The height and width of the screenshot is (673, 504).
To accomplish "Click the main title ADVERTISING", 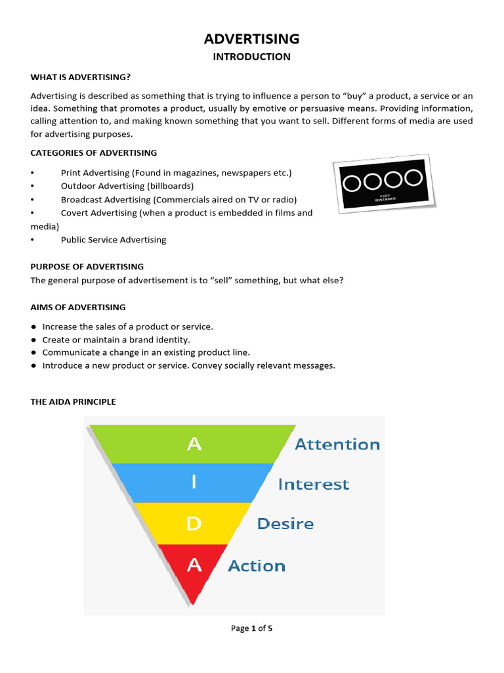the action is pyautogui.click(x=251, y=39).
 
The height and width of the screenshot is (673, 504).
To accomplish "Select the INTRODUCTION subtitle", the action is pyautogui.click(x=251, y=57).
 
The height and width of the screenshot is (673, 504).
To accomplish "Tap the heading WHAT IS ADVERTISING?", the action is pyautogui.click(x=76, y=77).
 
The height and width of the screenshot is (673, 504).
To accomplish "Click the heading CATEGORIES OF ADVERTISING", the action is pyautogui.click(x=94, y=152).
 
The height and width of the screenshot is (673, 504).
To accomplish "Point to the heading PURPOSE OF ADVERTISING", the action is pyautogui.click(x=87, y=267).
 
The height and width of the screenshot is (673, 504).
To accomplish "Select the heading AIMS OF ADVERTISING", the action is pyautogui.click(x=78, y=307).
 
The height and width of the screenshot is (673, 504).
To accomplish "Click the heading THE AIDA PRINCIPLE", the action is pyautogui.click(x=73, y=402).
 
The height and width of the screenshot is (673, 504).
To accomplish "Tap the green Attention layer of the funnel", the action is pyautogui.click(x=194, y=444).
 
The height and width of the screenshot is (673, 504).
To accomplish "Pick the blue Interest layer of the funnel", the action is pyautogui.click(x=194, y=483).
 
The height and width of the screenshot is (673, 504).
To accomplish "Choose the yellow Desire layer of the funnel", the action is pyautogui.click(x=194, y=524).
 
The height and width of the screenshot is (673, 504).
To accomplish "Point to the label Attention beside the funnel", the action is pyautogui.click(x=337, y=444).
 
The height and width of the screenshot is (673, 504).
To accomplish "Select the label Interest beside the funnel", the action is pyautogui.click(x=314, y=484).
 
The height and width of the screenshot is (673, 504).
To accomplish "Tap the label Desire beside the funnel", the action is pyautogui.click(x=285, y=524).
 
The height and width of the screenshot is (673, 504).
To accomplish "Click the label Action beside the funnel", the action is pyautogui.click(x=257, y=566).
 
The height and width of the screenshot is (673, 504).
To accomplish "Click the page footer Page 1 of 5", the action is pyautogui.click(x=251, y=628).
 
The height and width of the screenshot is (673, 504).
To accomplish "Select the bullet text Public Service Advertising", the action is pyautogui.click(x=114, y=240).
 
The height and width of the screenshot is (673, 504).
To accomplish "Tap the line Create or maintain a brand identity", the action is pyautogui.click(x=116, y=340).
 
